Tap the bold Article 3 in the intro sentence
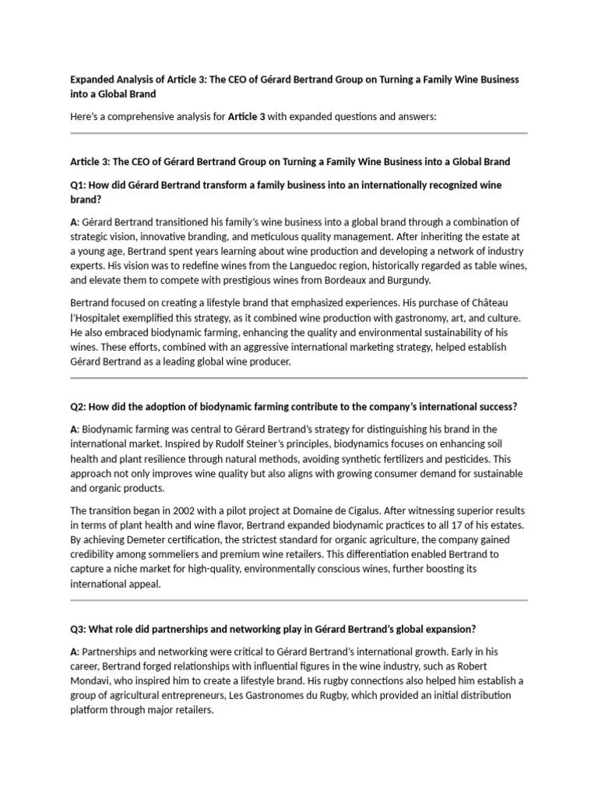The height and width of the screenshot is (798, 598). coord(246,117)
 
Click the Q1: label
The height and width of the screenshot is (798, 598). coord(79,185)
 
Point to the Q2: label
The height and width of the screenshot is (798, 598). coord(79,407)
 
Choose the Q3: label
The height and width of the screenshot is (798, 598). coord(79,629)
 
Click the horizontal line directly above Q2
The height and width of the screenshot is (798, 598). coord(299,378)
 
